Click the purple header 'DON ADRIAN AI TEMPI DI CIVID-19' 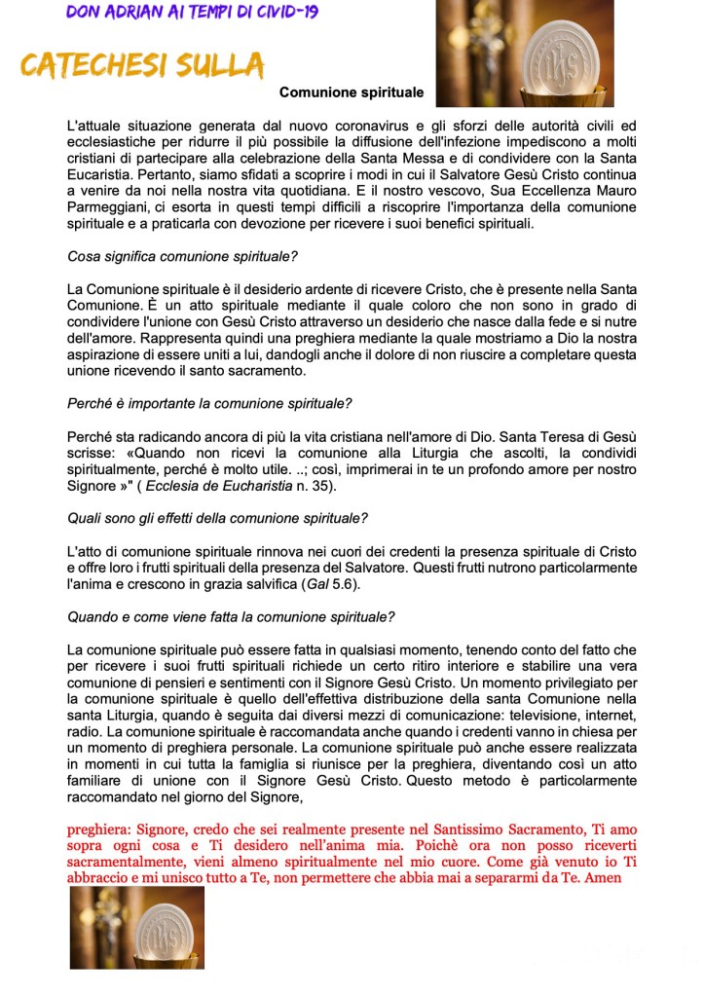[x=192, y=13]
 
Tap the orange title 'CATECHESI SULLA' [x=142, y=65]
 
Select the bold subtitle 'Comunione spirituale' [x=352, y=92]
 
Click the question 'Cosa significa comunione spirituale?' [x=182, y=257]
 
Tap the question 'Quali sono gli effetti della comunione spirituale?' [x=217, y=517]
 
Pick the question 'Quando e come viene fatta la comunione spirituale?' [x=231, y=616]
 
